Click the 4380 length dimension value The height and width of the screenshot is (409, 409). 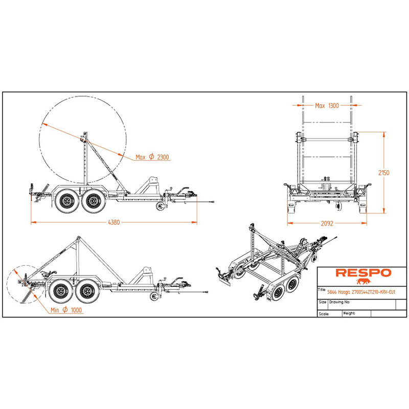coord(113,222)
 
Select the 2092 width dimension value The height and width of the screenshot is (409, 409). coord(327,223)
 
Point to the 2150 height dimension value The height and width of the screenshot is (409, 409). coord(384,173)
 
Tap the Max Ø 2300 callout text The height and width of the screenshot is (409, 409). coord(152,157)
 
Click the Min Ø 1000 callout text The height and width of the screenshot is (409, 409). coord(66,310)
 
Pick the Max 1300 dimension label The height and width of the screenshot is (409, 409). coord(327,106)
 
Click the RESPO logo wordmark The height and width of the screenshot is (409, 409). coord(363,273)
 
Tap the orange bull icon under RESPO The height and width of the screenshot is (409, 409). coord(363,281)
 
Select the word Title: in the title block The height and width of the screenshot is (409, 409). coord(322,290)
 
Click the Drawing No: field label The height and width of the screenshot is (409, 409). coord(339,302)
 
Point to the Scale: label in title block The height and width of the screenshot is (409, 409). coord(324,314)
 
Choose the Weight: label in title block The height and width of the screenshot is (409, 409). coord(349,313)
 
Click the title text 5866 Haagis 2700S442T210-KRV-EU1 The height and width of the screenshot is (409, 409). coord(361,292)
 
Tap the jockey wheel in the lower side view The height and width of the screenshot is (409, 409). coord(154,297)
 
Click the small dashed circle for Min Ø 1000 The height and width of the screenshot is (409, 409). coord(7,284)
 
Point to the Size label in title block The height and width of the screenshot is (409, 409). coord(323,302)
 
